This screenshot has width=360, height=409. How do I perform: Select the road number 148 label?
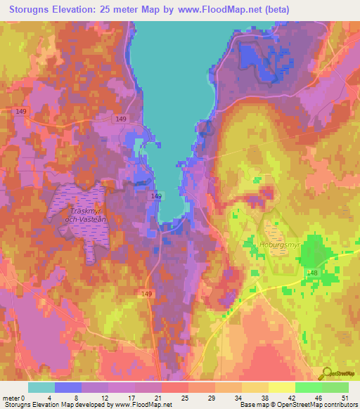[311, 273]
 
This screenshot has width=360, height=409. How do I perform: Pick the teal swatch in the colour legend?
[41, 387]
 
